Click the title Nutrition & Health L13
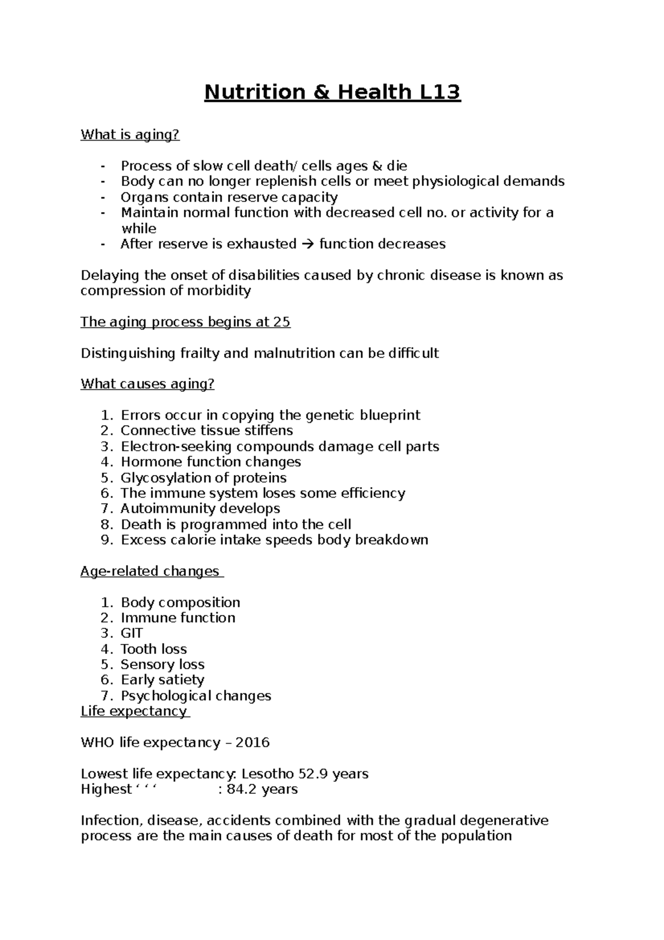click(x=332, y=92)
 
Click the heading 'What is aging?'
click(x=130, y=135)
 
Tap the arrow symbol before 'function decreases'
click(x=308, y=244)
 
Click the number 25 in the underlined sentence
click(x=282, y=322)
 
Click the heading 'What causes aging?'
click(x=147, y=384)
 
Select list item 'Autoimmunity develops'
click(x=200, y=509)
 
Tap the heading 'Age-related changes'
click(x=150, y=571)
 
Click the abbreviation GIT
click(x=132, y=633)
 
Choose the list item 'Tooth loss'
click(x=154, y=649)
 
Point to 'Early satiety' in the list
click(x=163, y=680)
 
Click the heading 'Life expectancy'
click(x=134, y=711)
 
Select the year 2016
click(x=252, y=742)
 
